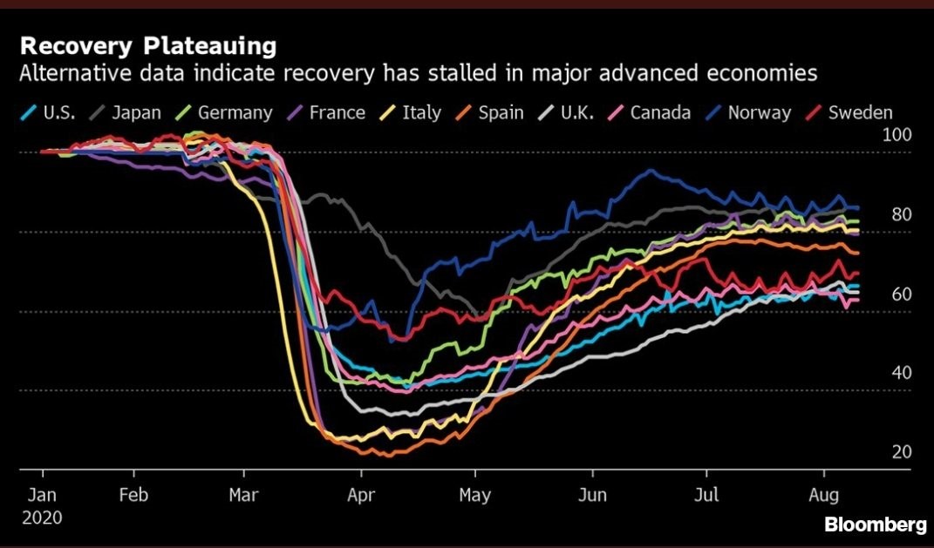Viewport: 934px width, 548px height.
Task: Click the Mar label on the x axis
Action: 243,496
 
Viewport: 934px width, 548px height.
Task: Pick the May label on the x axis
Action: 475,496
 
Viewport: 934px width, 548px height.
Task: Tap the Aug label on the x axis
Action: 824,496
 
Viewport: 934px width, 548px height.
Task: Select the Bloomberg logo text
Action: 875,524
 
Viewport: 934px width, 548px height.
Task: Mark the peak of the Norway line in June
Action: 650,171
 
